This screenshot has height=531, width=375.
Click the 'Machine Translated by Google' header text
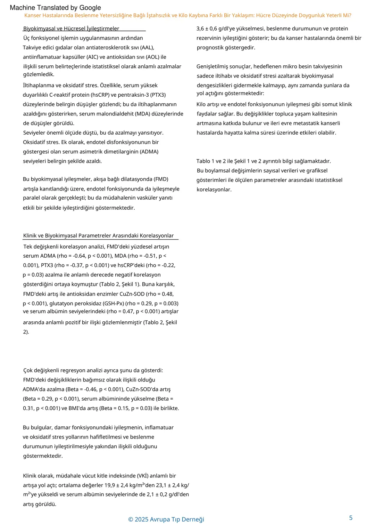(55, 8)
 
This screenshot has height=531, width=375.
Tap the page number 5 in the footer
(351, 518)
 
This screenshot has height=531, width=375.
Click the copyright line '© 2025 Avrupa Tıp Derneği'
(166, 519)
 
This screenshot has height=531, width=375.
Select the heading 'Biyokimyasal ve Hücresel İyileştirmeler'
(71, 29)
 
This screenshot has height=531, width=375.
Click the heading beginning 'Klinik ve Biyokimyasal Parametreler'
(98, 235)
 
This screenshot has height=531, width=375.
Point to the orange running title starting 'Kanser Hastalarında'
(187, 15)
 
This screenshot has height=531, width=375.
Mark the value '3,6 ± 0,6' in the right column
(208, 29)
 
